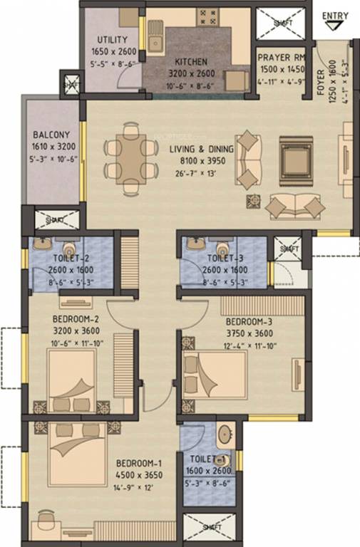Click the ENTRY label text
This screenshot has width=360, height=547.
[x=336, y=16]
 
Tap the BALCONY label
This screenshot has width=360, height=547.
[x=51, y=135]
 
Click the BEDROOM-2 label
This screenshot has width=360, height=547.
[x=76, y=319]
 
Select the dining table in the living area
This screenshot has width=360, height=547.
[x=130, y=158]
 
